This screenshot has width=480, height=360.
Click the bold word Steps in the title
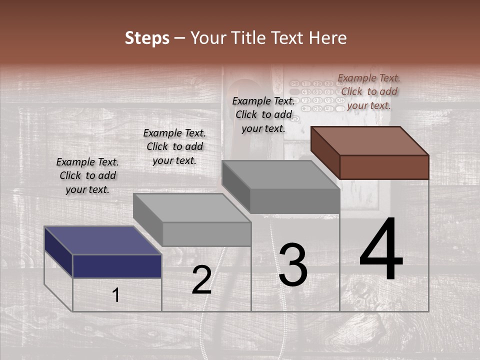tap(147, 38)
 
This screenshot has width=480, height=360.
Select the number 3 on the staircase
tap(292, 265)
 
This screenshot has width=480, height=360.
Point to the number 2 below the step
tap(202, 280)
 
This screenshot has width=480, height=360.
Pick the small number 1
tap(116, 295)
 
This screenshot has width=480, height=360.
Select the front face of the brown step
tap(384, 167)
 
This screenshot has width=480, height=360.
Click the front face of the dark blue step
tap(117, 266)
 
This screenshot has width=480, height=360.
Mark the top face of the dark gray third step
tap(280, 175)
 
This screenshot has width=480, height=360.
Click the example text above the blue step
tap(87, 175)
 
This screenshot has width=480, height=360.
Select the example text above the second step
tap(174, 146)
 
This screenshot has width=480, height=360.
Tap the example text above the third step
tap(263, 114)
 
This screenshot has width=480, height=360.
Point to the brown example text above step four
tap(369, 91)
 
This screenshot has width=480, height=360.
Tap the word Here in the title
tap(328, 38)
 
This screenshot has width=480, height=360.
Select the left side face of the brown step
tap(325, 152)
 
